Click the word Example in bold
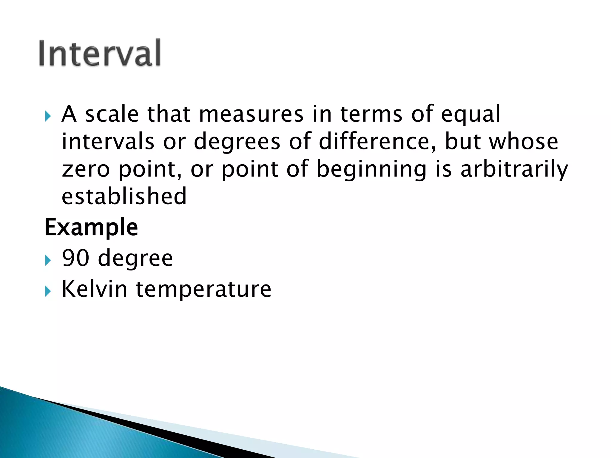[x=91, y=227]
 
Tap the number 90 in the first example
[x=76, y=258]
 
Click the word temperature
[x=203, y=289]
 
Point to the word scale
[x=112, y=114]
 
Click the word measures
[x=251, y=114]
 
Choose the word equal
[x=470, y=114]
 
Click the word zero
[x=86, y=169]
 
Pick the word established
[x=124, y=196]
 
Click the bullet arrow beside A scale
[x=48, y=116]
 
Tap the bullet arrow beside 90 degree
[x=48, y=260]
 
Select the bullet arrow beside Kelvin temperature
[x=48, y=291]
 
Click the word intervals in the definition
[x=108, y=141]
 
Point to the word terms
[x=371, y=114]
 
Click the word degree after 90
[x=135, y=258]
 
